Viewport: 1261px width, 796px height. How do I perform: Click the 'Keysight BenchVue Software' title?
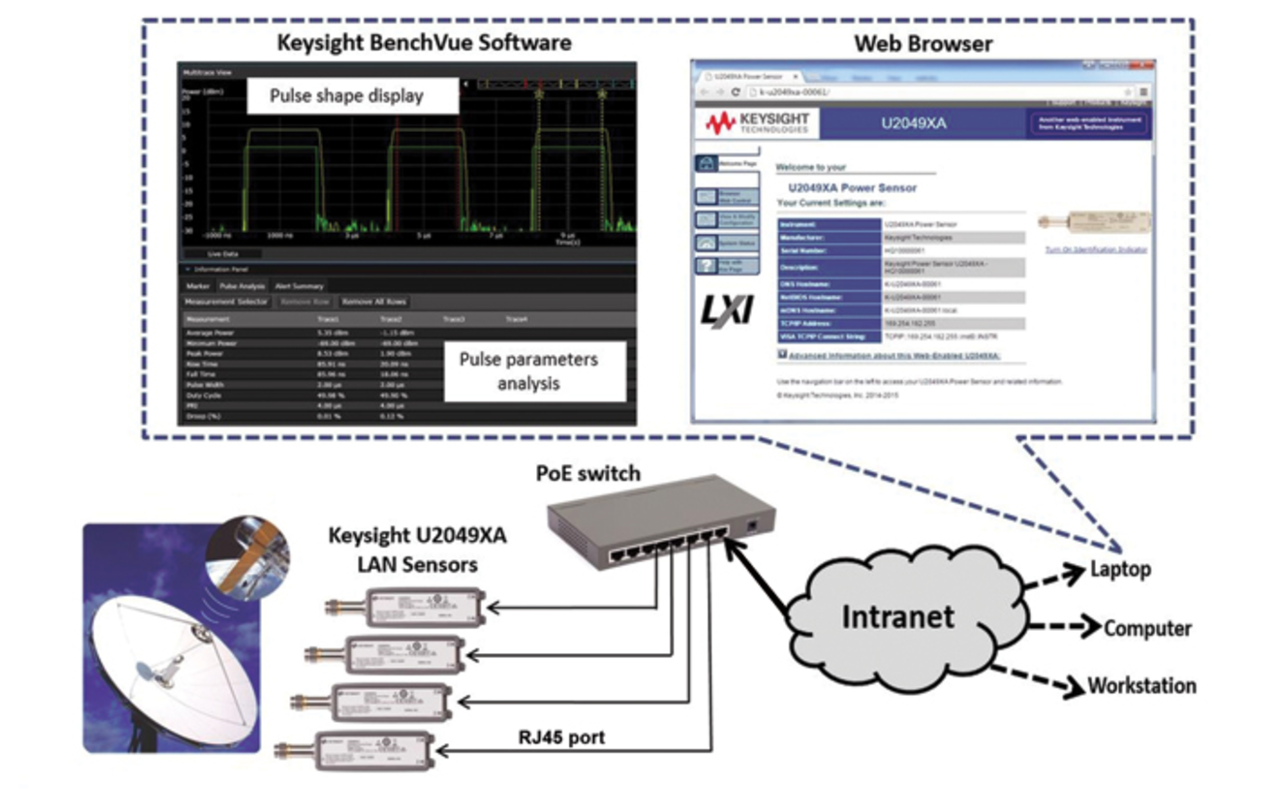(424, 43)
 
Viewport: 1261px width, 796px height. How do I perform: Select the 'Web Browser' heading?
(923, 44)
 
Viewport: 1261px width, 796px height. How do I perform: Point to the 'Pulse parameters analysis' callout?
(529, 371)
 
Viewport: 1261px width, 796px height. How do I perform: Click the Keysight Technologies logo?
(757, 123)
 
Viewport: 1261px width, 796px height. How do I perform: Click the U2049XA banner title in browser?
(914, 123)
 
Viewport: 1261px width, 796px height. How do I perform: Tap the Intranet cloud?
(899, 617)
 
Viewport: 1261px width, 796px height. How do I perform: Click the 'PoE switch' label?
(588, 474)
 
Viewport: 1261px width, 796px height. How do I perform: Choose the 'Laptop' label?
(1120, 569)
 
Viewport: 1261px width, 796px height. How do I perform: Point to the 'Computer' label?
(1147, 629)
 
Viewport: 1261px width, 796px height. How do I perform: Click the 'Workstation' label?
(1141, 686)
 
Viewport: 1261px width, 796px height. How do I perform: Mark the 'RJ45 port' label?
(562, 738)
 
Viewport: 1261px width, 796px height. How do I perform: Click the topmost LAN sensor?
(407, 608)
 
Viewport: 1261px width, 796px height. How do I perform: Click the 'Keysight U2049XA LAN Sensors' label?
(418, 550)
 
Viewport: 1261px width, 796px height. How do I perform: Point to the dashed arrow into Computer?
(1064, 627)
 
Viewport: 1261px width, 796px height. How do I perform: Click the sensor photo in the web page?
(1094, 221)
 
